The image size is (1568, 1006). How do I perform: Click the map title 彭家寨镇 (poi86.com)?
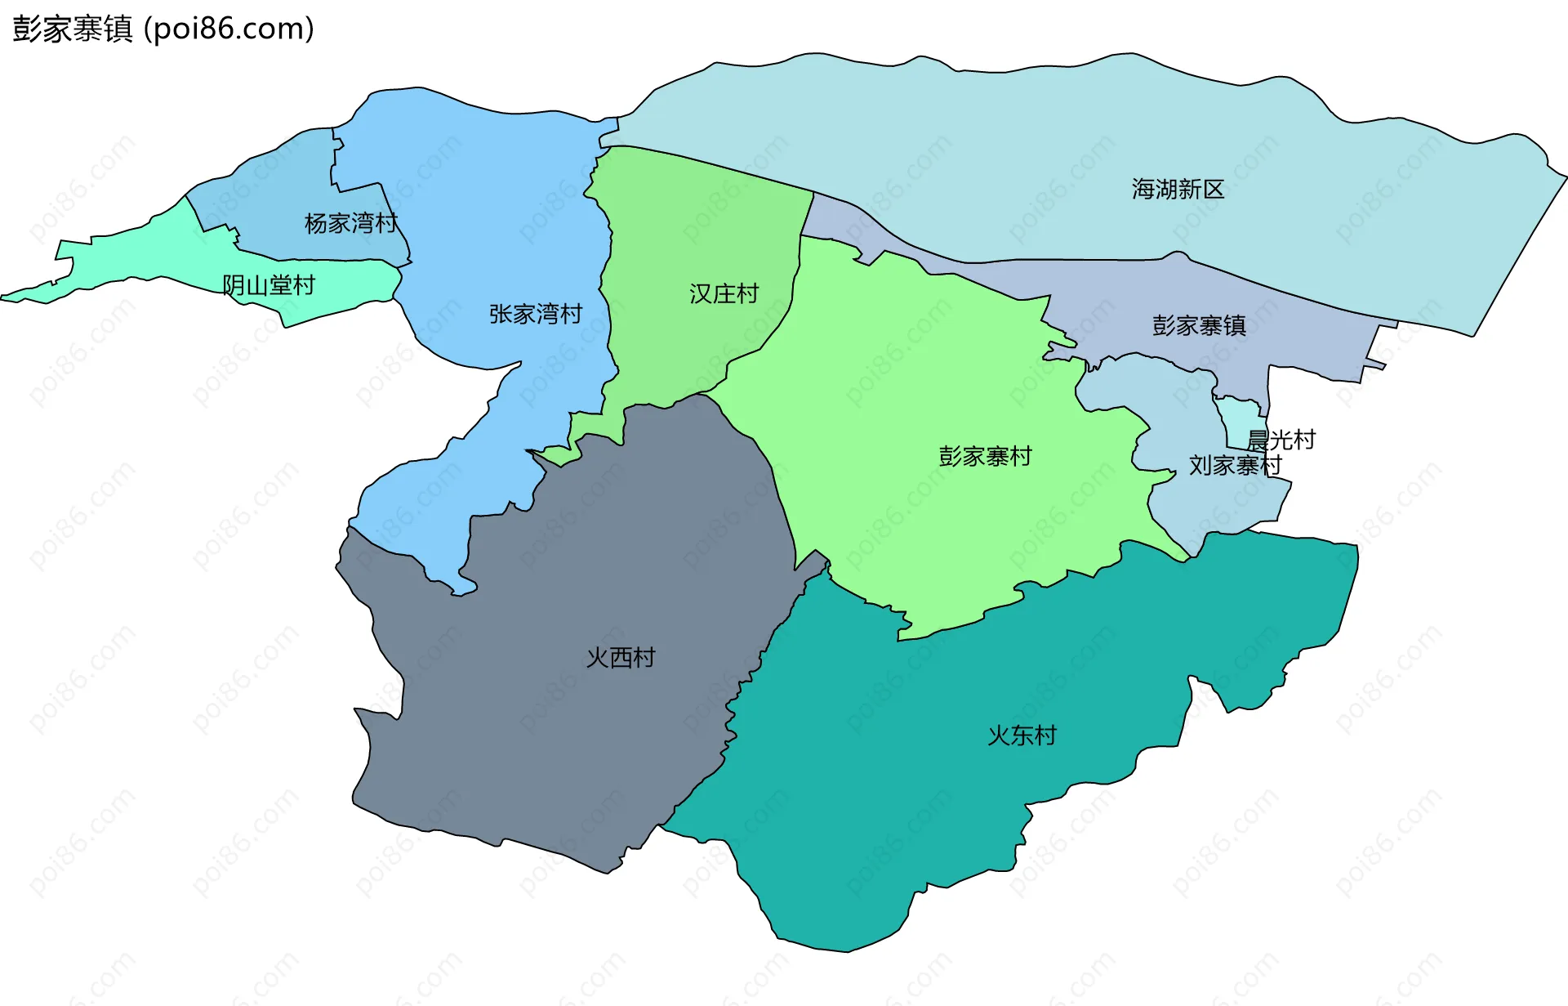tap(163, 29)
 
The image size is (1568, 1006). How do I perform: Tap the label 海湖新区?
tap(1178, 190)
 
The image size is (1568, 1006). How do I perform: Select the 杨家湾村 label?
tap(350, 223)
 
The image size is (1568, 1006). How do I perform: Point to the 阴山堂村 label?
tap(269, 285)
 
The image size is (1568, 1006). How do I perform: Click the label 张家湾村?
tap(536, 314)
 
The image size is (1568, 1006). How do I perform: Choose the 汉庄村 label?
tap(724, 293)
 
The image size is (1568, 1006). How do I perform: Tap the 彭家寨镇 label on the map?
tap(1199, 326)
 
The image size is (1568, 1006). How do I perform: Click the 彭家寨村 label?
tap(985, 456)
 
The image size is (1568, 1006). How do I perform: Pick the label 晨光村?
tap(1281, 440)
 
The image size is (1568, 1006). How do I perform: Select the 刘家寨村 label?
tap(1235, 465)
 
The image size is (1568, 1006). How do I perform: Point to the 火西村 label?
tap(621, 658)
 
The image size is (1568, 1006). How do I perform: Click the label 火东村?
tap(1022, 735)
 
